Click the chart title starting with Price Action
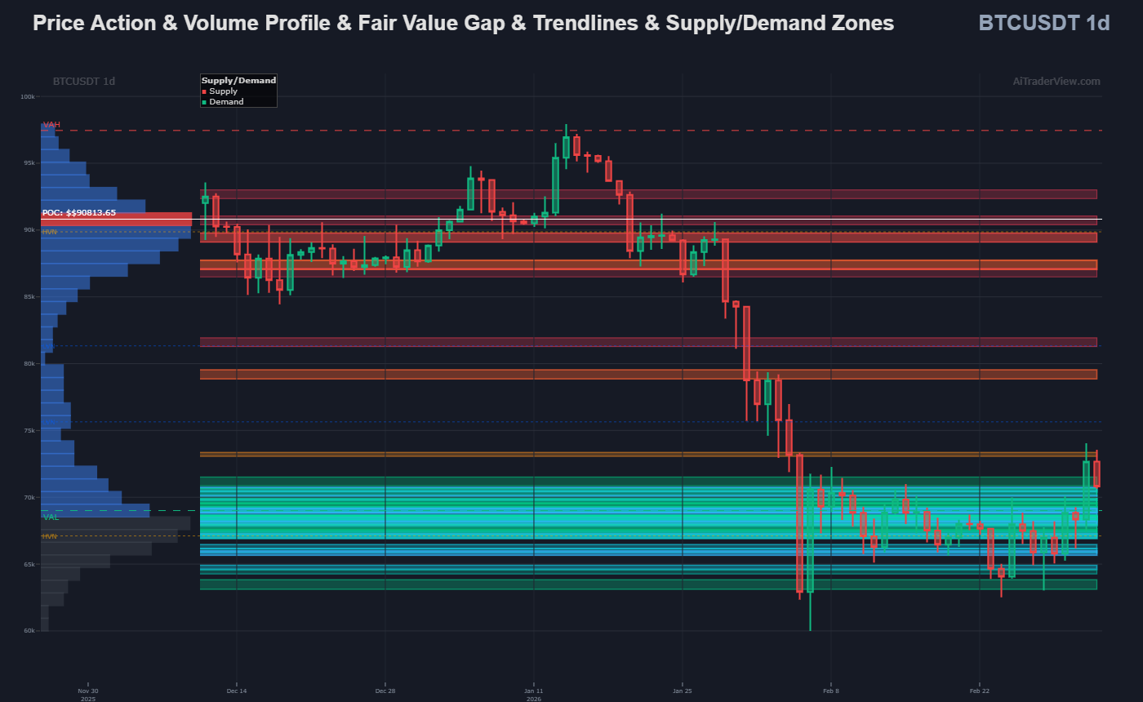[x=463, y=23]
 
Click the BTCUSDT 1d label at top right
[x=1043, y=23]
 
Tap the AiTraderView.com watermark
[x=1056, y=81]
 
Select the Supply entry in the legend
[x=223, y=91]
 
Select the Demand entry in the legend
[x=226, y=102]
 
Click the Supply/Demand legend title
[x=238, y=81]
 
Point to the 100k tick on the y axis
[x=28, y=96]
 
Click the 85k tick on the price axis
[x=29, y=297]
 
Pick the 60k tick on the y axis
[x=29, y=631]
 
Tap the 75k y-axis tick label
[x=29, y=430]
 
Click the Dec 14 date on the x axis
[x=237, y=691]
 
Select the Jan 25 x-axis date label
[x=682, y=691]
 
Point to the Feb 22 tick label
[x=979, y=691]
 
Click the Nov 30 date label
[x=87, y=691]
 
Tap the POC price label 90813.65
[x=79, y=213]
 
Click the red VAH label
[x=51, y=124]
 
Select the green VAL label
[x=51, y=518]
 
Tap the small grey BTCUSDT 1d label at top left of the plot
[x=83, y=81]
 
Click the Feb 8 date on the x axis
[x=830, y=691]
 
